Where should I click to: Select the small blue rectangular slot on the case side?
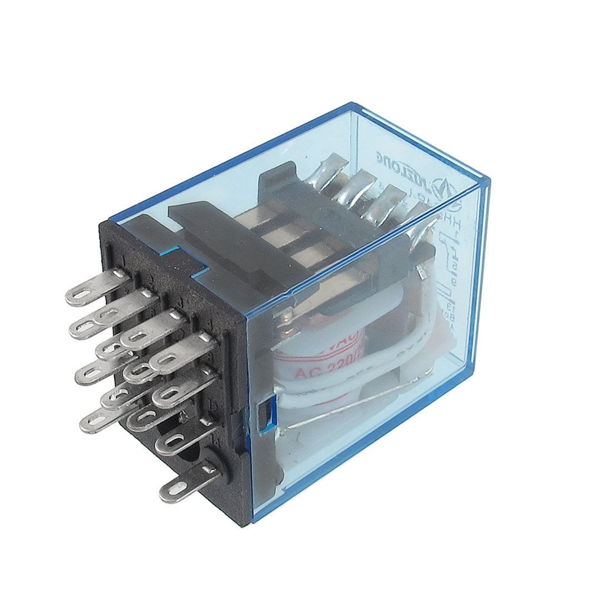tap(261, 415)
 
